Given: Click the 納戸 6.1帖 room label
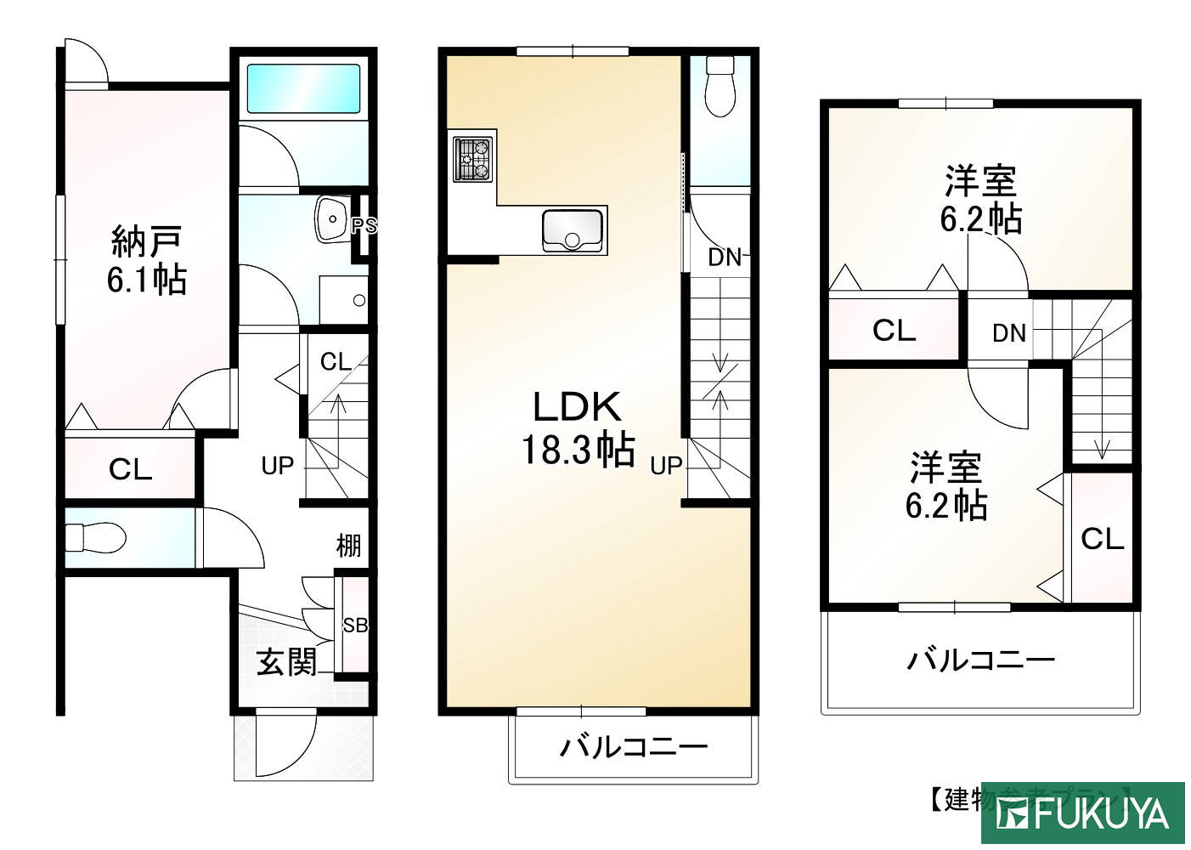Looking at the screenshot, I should click(x=146, y=261).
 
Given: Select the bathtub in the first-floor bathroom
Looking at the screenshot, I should click(x=302, y=88).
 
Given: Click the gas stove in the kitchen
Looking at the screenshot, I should click(x=472, y=159).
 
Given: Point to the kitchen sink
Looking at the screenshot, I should click(x=573, y=230).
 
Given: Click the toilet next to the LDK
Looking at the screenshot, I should click(x=720, y=87).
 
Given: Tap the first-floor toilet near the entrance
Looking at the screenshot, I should click(x=95, y=537).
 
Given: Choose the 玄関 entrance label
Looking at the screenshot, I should click(x=287, y=662).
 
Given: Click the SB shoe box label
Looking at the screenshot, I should click(x=355, y=626).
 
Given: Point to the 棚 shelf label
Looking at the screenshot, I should click(x=348, y=546).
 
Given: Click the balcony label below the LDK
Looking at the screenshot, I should click(x=633, y=747).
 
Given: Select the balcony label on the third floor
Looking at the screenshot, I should click(x=980, y=660).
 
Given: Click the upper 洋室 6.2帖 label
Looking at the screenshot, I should click(x=980, y=201).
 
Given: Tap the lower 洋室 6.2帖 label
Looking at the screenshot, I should click(x=945, y=486).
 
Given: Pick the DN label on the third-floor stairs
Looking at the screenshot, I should click(x=1009, y=334).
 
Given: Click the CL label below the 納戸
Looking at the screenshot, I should click(x=130, y=469).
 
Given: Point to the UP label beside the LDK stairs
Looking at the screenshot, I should click(x=667, y=466).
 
